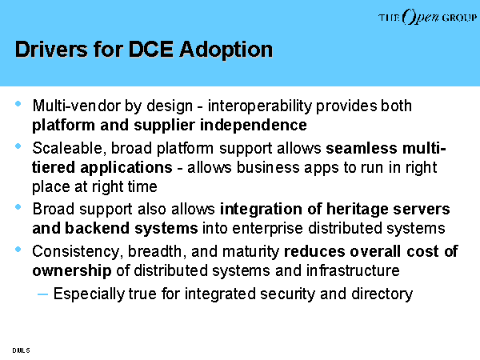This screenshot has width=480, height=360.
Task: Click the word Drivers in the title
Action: click(x=51, y=49)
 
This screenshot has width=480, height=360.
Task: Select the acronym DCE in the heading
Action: click(x=150, y=49)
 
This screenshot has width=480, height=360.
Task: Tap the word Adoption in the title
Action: click(x=226, y=50)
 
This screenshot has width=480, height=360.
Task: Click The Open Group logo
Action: click(x=427, y=17)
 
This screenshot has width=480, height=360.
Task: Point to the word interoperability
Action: click(x=260, y=106)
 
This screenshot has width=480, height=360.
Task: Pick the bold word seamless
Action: click(x=362, y=148)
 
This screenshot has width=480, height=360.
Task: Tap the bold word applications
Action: click(x=126, y=168)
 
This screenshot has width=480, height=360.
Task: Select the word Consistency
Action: click(x=76, y=252)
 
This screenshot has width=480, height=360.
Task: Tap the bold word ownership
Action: click(x=72, y=271)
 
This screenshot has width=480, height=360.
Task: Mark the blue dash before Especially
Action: click(x=42, y=294)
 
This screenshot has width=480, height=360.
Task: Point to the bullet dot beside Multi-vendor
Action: click(x=18, y=104)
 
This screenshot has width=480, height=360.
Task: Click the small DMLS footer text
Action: click(x=21, y=350)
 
